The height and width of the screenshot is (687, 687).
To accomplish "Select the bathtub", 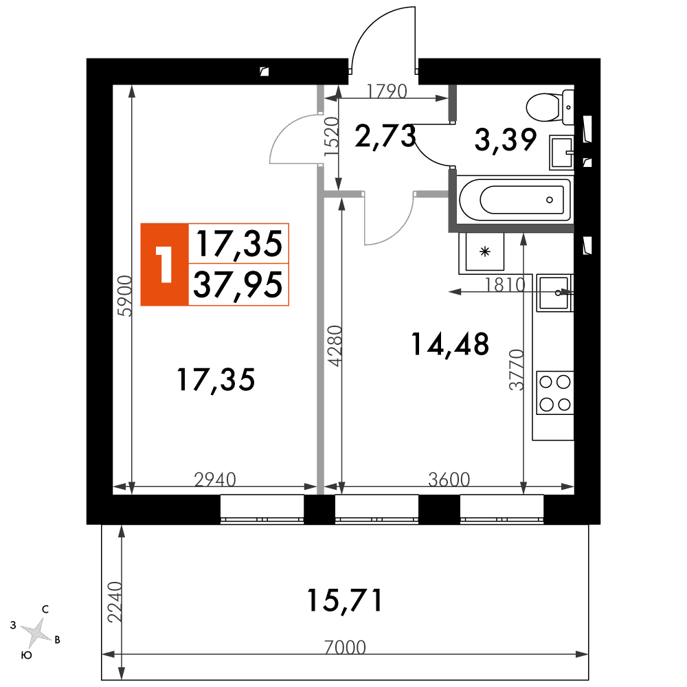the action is [515, 200].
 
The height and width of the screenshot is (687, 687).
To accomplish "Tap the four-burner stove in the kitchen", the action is [555, 392].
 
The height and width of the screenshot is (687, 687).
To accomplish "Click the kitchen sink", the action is [555, 293].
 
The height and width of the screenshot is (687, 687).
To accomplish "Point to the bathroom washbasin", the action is [562, 153].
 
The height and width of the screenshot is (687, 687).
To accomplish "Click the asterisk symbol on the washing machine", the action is [484, 251].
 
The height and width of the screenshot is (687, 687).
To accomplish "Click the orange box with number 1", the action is [165, 264].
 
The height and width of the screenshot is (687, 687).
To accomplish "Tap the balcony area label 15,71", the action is [345, 600].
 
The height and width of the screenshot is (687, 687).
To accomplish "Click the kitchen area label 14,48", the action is [450, 344].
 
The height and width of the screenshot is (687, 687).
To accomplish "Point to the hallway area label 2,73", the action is [385, 136].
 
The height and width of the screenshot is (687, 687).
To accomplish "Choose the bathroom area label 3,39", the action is [506, 140].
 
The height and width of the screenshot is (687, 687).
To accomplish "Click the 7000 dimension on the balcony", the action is [345, 647].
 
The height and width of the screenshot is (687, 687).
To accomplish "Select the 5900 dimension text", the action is [125, 295].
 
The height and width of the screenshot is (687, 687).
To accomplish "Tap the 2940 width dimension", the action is [215, 480].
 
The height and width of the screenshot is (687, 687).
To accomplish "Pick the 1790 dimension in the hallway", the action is [387, 91].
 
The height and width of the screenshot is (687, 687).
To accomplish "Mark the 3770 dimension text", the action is [517, 370].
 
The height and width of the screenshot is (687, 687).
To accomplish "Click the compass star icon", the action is [37, 633].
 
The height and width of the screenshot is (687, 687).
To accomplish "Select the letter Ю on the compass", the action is [27, 655].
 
